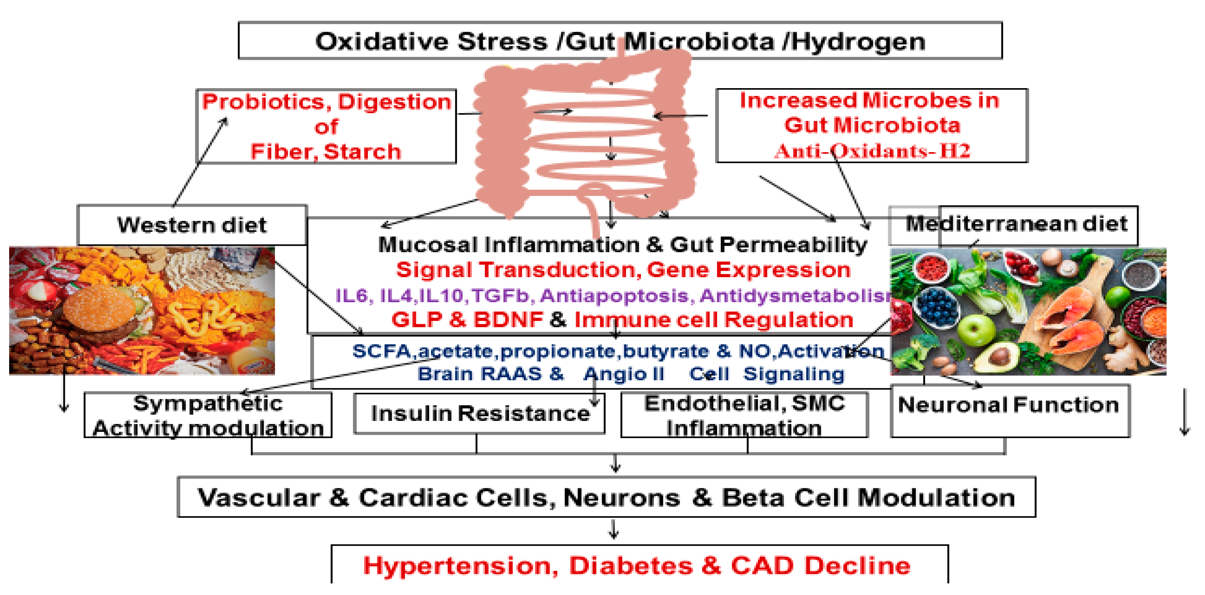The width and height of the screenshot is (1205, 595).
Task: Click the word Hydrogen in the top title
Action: [x=859, y=42]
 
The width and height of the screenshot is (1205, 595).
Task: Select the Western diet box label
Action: [x=192, y=225]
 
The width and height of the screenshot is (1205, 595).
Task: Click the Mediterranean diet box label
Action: [x=1016, y=224]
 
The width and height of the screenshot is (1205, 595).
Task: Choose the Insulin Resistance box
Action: [x=479, y=413]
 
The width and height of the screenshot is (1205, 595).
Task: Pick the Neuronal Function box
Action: [x=1009, y=405]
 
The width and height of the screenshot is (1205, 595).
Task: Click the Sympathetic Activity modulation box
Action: [x=208, y=416]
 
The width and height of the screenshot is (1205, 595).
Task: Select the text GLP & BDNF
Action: [x=467, y=320]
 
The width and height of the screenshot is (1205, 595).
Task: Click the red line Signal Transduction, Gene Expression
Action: [x=623, y=270]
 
